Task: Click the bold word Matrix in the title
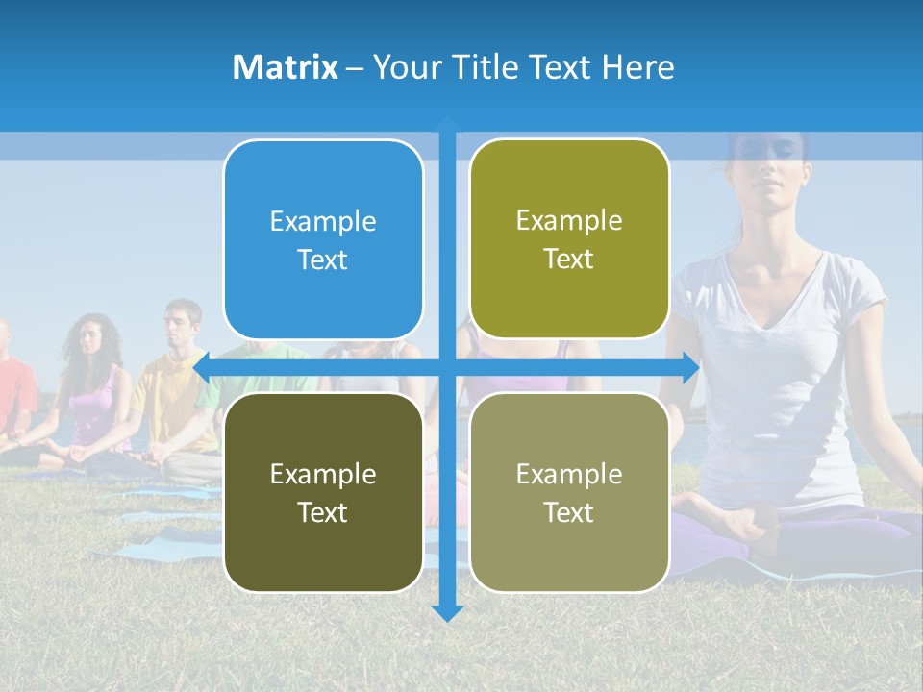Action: (x=286, y=67)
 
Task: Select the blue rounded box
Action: (x=323, y=239)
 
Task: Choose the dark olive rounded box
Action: (x=323, y=492)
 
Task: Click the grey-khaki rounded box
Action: (x=569, y=492)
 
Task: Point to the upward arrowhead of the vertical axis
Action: (x=447, y=123)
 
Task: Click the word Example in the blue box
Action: (x=323, y=221)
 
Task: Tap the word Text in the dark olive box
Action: (x=323, y=512)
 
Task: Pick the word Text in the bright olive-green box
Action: (x=569, y=259)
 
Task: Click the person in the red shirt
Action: (x=12, y=384)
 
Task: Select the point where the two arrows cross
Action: (x=447, y=367)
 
